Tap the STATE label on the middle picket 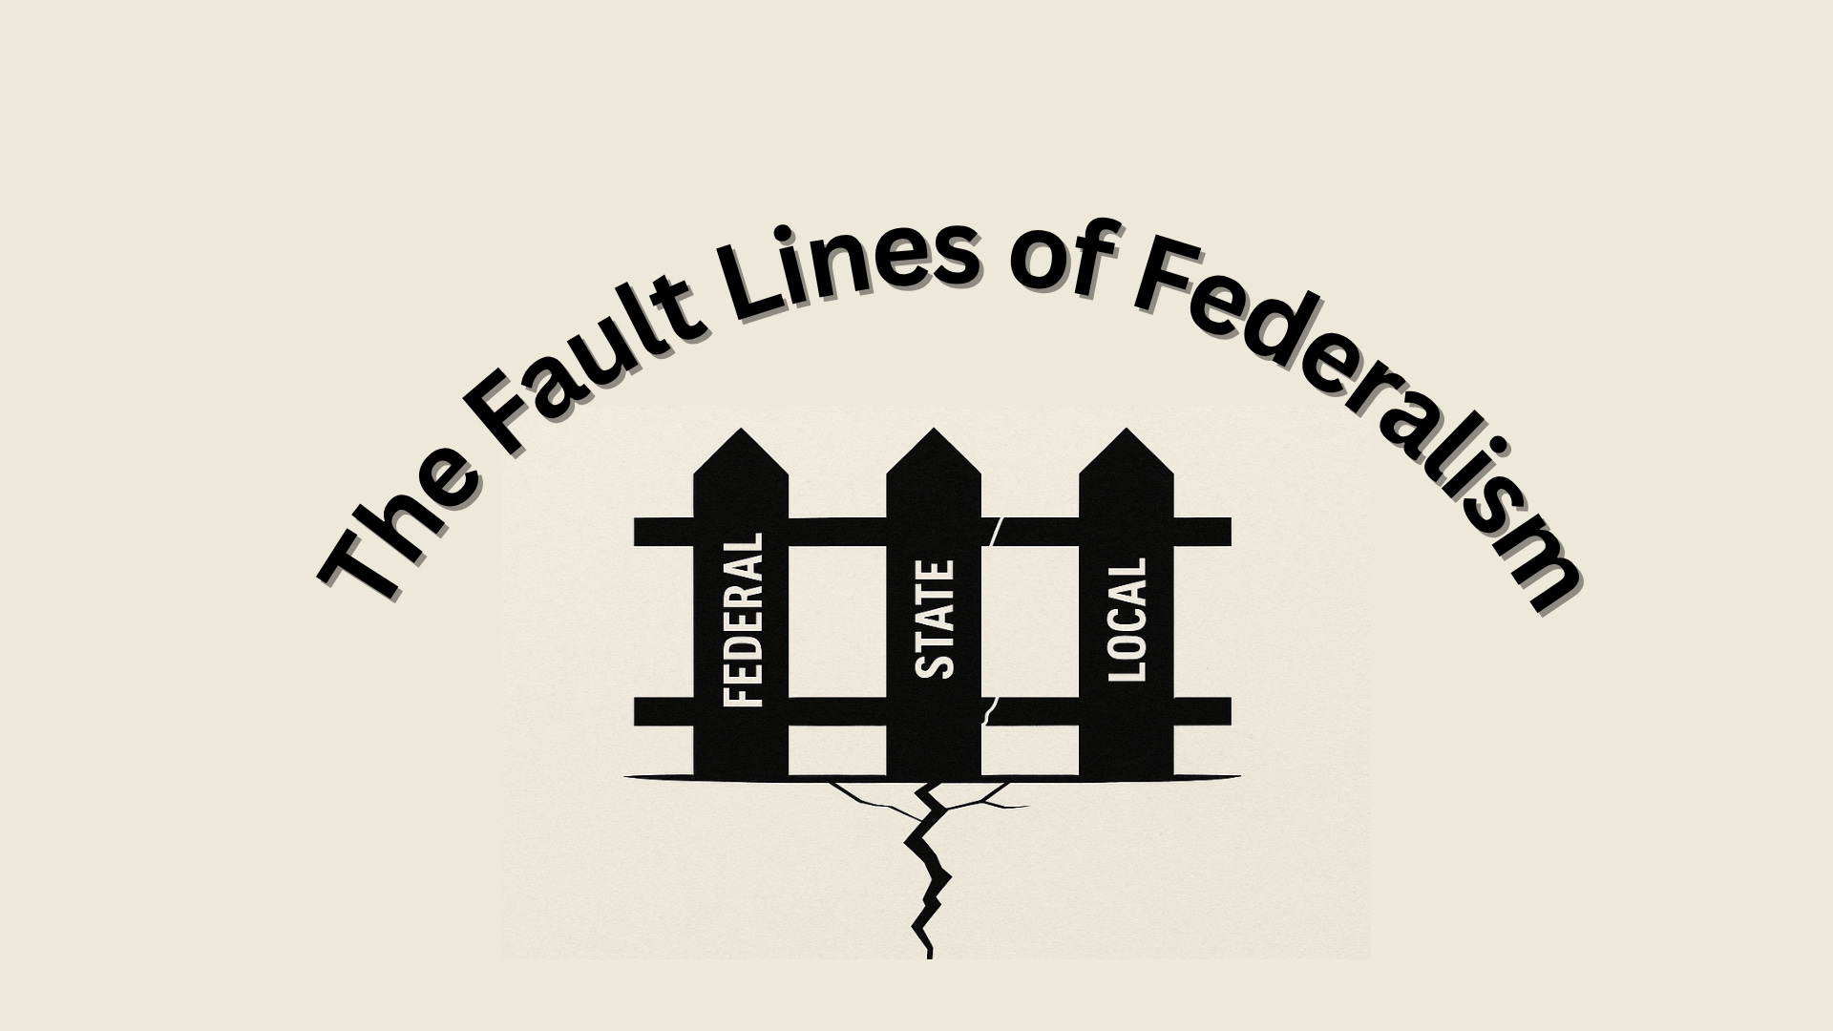pyautogui.click(x=935, y=620)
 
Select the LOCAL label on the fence pyautogui.click(x=1127, y=620)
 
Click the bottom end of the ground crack pyautogui.click(x=929, y=953)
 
